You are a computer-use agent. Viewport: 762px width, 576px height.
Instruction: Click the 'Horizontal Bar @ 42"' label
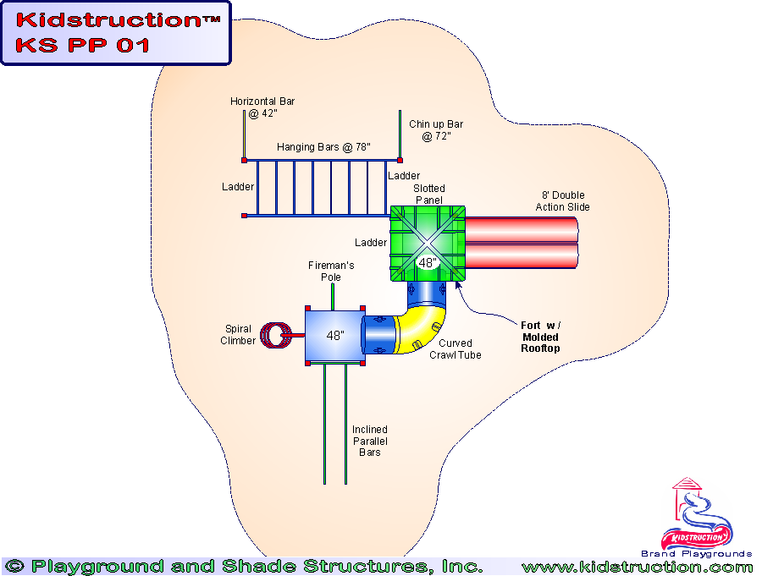[x=262, y=107]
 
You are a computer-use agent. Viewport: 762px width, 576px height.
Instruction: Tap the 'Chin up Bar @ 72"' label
[x=436, y=130]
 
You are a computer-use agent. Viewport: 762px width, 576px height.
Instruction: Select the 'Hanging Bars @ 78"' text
[x=323, y=147]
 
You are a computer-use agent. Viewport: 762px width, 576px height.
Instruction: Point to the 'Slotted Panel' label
[x=428, y=195]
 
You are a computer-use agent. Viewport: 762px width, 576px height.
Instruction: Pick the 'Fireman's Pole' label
[x=330, y=272]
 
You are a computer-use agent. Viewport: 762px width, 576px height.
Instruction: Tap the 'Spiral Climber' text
[x=238, y=335]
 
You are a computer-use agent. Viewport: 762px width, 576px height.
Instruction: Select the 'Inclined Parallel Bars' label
[x=370, y=441]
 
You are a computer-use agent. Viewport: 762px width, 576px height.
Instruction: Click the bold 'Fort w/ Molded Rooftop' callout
[x=540, y=337]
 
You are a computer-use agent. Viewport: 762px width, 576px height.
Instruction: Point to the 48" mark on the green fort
[x=427, y=262]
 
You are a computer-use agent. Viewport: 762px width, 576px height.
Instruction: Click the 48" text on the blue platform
[x=335, y=336]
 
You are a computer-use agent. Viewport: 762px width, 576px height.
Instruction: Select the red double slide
[x=522, y=244]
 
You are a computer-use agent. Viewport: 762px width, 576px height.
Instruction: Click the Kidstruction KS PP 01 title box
[x=116, y=33]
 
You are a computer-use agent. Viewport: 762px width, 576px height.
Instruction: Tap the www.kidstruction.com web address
[x=637, y=567]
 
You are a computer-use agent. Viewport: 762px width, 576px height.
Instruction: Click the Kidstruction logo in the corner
[x=696, y=518]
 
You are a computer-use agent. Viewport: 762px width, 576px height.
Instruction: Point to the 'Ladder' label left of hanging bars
[x=238, y=187]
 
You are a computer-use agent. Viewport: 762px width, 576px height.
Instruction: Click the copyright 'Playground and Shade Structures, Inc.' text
[x=246, y=567]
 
